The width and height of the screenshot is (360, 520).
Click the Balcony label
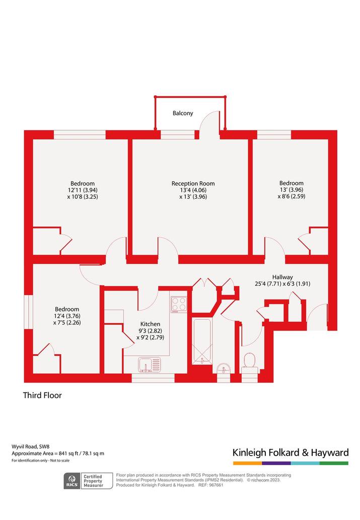[182, 113]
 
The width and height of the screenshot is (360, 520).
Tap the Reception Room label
[193, 183]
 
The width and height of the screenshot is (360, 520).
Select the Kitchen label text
[151, 324]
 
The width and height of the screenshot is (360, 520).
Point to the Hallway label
[282, 277]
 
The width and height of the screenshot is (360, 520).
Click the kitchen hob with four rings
[179, 305]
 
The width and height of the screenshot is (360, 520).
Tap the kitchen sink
[150, 365]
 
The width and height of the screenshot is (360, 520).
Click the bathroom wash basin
[224, 368]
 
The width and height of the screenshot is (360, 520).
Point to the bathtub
[202, 342]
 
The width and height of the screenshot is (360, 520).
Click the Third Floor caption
[42, 395]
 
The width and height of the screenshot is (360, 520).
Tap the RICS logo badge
[72, 481]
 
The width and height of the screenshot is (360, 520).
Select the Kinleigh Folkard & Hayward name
[291, 453]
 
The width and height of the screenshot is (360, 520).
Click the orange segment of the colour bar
[247, 463]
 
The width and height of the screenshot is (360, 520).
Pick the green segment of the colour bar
[334, 463]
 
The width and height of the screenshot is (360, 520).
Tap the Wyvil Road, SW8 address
[31, 447]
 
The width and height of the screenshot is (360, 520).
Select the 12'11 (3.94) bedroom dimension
[82, 190]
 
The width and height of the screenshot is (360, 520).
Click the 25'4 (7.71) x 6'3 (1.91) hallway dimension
[282, 284]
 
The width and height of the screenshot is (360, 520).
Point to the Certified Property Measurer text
[93, 481]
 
